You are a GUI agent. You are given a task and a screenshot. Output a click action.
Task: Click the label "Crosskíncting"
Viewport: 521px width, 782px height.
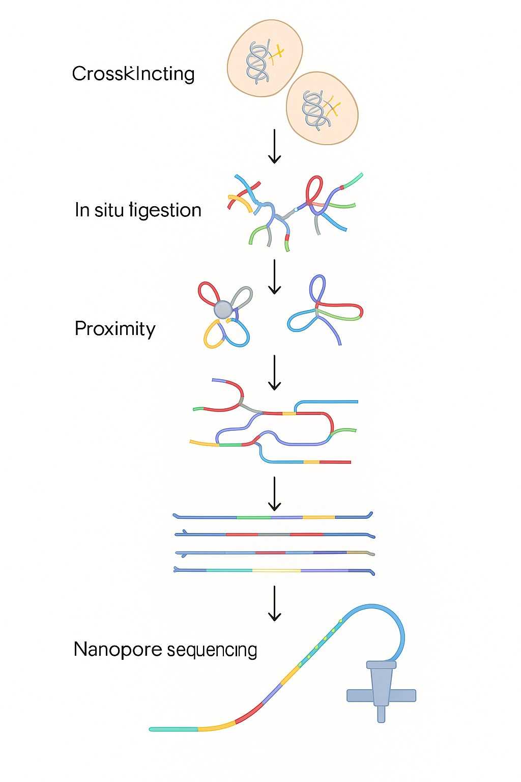(x=133, y=74)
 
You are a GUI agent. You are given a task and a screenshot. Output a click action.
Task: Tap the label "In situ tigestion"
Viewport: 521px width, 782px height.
(x=138, y=210)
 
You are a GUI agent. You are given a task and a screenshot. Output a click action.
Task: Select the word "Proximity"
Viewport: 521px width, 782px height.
(x=115, y=329)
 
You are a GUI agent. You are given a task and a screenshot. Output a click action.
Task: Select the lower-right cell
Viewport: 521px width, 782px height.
(x=322, y=108)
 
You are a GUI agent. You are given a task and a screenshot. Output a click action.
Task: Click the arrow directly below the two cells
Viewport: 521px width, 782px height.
(x=274, y=147)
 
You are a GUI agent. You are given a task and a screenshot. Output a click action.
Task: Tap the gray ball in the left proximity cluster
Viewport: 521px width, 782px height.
(x=223, y=309)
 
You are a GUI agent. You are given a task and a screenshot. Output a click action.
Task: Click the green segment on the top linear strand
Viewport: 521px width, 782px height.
(x=253, y=517)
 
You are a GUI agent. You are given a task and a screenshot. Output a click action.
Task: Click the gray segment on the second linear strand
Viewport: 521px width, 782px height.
(x=274, y=535)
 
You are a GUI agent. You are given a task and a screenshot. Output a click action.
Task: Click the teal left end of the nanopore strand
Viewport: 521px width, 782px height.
(x=173, y=729)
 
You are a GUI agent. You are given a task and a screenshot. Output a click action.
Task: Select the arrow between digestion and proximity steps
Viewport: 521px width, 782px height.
(x=274, y=277)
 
